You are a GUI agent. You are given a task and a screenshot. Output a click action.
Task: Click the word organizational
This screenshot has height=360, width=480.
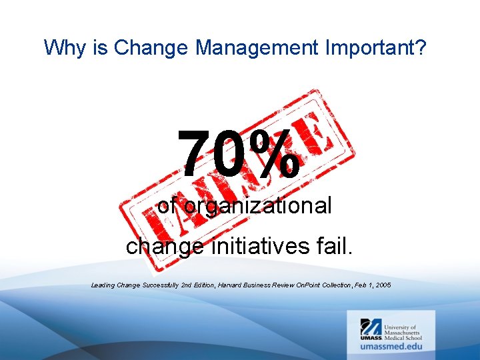(257, 207)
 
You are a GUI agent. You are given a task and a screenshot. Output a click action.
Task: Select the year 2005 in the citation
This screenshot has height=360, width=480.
(383, 285)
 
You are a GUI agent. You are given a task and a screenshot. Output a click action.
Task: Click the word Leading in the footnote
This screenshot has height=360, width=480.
(103, 285)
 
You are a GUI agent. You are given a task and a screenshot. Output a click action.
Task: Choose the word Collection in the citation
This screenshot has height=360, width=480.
(335, 285)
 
